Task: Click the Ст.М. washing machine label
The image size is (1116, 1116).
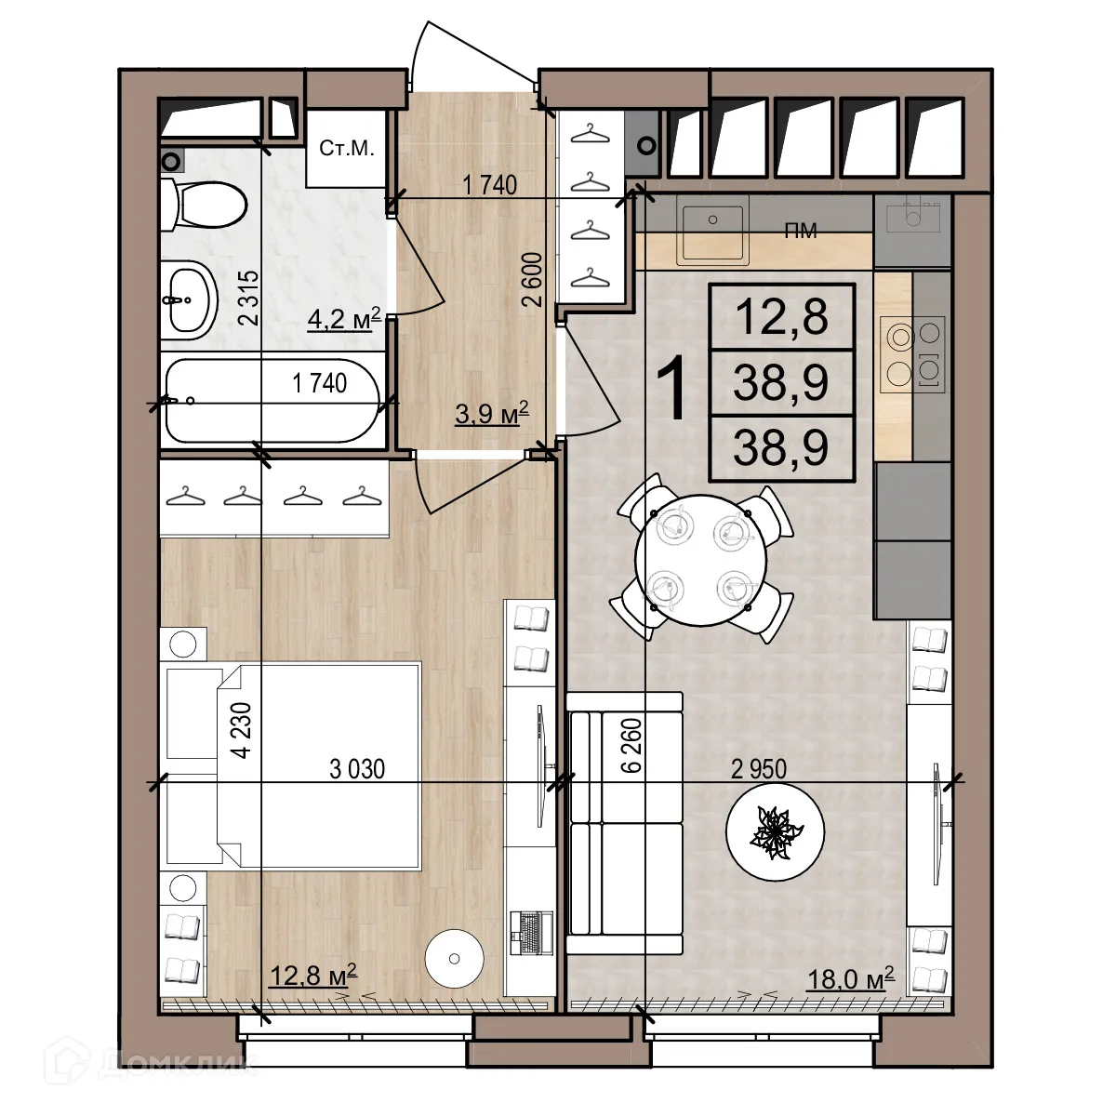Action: pyautogui.click(x=347, y=149)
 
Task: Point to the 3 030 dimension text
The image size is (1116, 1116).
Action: pyautogui.click(x=357, y=769)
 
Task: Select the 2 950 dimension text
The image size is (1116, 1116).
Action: pyautogui.click(x=758, y=769)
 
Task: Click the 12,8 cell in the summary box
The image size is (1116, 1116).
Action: pyautogui.click(x=781, y=317)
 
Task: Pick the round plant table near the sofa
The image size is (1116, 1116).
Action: pyautogui.click(x=775, y=833)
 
